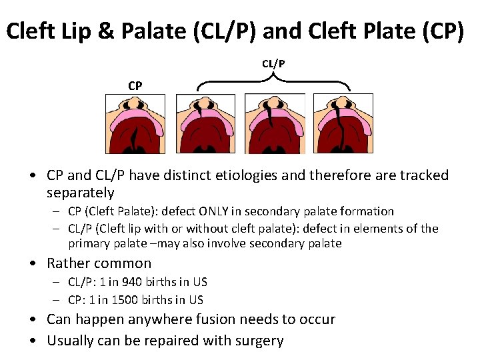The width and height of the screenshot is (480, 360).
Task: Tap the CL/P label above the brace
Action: pyautogui.click(x=273, y=64)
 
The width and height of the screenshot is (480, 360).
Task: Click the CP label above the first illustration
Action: pyautogui.click(x=135, y=85)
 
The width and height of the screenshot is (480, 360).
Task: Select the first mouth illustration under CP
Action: pyautogui.click(x=136, y=124)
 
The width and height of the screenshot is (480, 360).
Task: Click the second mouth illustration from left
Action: pyautogui.click(x=205, y=124)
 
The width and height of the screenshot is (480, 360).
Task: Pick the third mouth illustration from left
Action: pyautogui.click(x=274, y=124)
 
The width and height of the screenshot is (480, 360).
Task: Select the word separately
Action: pyautogui.click(x=81, y=193)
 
